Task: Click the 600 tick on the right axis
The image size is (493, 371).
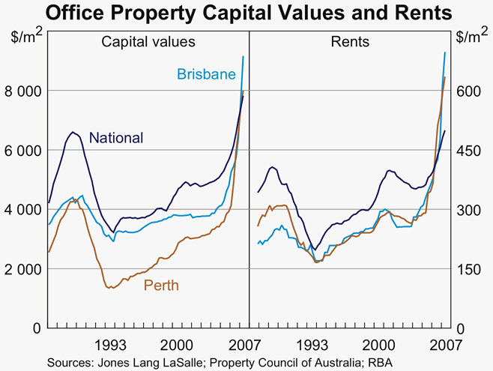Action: [468, 91]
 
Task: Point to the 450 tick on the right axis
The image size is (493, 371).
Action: [468, 150]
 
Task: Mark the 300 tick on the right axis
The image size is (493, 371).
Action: [468, 209]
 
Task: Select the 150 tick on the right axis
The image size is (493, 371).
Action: [468, 268]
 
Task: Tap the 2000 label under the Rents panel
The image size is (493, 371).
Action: [380, 345]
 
